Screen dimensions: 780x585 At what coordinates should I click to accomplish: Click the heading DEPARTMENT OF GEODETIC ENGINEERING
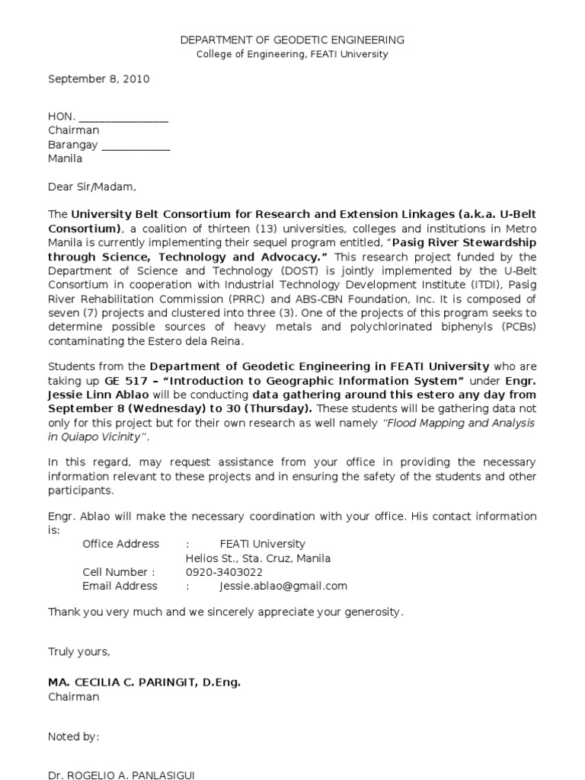coord(292,40)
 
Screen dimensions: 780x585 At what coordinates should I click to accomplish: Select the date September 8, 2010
coord(99,78)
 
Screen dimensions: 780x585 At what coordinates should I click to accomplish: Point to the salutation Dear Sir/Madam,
coord(92,187)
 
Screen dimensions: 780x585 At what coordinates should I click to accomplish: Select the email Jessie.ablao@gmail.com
coord(283,586)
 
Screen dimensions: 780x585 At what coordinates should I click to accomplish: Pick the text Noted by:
coord(74,737)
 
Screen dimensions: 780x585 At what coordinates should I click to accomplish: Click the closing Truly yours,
coord(79,651)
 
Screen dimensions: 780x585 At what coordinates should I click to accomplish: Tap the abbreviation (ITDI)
coord(483,285)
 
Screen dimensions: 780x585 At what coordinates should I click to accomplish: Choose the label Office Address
coord(120,544)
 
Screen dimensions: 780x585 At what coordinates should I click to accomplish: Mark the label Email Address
coord(120,586)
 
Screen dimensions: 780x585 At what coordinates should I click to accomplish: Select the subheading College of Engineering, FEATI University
coord(292,54)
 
